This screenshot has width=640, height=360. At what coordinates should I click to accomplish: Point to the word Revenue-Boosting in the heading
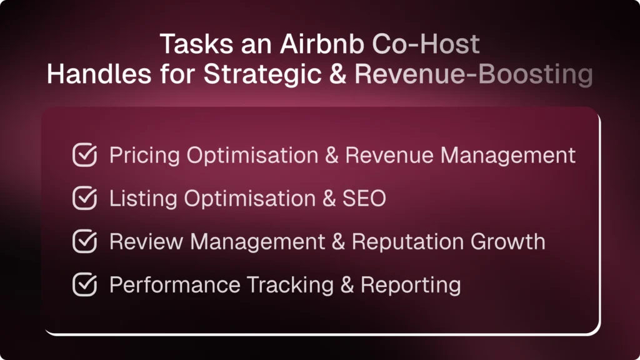click(x=473, y=74)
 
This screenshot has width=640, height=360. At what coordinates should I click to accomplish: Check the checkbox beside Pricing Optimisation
click(x=85, y=156)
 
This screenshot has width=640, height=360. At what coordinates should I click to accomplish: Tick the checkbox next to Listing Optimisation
click(x=85, y=199)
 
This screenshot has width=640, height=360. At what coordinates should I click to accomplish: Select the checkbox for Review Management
click(x=85, y=242)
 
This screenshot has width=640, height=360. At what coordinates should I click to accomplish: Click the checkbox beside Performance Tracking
click(x=85, y=285)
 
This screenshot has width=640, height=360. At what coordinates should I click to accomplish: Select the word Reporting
click(x=411, y=285)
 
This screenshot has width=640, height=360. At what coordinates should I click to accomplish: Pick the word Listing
click(x=144, y=199)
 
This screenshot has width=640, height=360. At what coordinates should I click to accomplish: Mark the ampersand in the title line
click(x=336, y=74)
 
